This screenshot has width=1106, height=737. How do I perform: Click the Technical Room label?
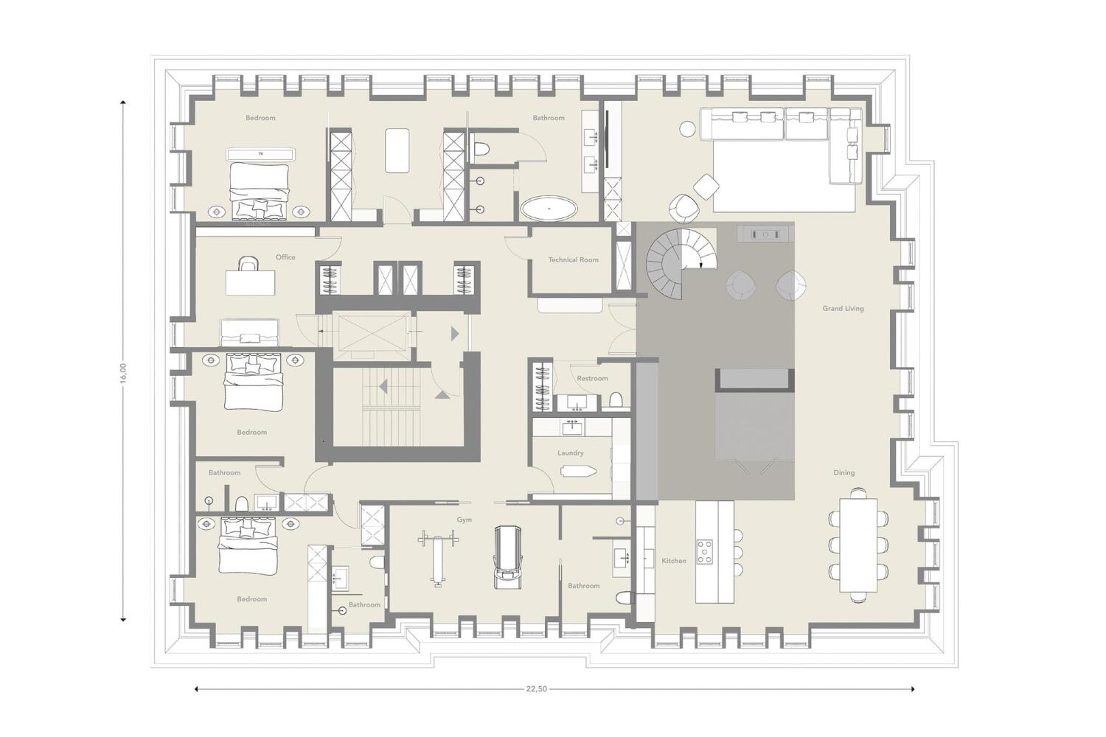(573, 259)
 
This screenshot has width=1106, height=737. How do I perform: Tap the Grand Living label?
(843, 309)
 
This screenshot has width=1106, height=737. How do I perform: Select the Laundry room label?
(570, 453)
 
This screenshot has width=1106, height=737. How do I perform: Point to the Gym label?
(464, 520)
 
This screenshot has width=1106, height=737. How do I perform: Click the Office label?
(285, 257)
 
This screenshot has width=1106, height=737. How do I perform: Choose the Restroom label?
(592, 378)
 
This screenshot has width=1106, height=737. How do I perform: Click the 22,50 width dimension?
(536, 689)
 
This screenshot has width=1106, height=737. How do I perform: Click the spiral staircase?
(681, 264)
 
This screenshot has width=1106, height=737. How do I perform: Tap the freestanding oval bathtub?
(549, 209)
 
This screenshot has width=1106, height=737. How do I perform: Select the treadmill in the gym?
(508, 557)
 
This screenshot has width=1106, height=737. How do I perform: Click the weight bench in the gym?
(437, 558)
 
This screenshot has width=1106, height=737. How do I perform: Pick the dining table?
(859, 545)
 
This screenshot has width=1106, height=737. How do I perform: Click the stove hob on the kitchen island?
(705, 552)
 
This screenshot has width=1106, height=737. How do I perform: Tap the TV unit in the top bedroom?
(261, 155)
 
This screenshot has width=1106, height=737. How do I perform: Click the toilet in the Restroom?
(616, 399)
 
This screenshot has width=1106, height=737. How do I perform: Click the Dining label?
(844, 472)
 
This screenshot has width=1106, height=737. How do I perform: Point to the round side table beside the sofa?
(687, 129)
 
